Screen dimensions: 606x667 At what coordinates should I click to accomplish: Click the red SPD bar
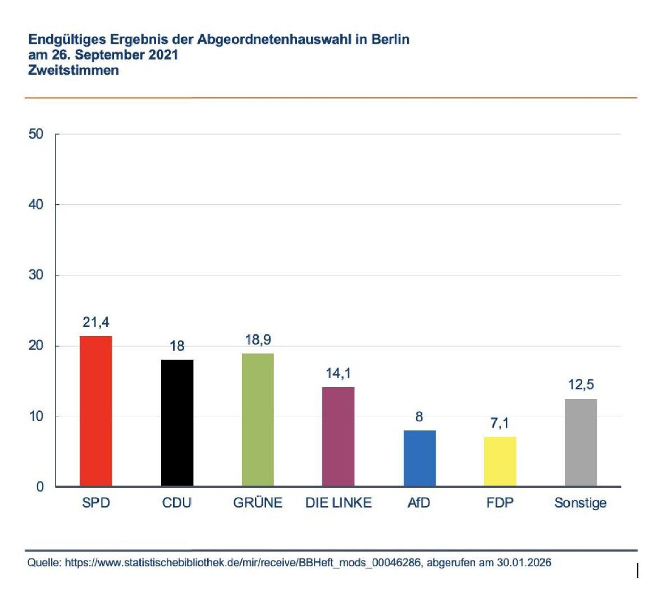click(96, 411)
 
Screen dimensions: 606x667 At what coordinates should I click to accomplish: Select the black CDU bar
click(177, 423)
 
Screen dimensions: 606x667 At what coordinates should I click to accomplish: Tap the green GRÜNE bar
click(258, 419)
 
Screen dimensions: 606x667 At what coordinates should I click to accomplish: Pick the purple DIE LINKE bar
click(338, 436)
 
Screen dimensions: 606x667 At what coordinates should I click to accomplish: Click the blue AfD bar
click(419, 458)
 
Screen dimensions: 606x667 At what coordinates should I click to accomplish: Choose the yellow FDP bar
click(500, 461)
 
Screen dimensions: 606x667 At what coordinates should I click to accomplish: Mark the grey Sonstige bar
click(581, 442)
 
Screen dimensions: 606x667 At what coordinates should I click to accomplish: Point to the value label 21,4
click(96, 323)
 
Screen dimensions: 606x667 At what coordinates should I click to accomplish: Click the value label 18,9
click(258, 340)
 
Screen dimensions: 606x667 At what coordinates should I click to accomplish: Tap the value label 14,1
click(338, 374)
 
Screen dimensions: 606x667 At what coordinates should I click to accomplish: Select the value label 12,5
click(581, 385)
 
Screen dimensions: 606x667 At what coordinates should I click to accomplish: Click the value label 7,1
click(500, 423)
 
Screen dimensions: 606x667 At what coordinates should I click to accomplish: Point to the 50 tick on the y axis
click(36, 134)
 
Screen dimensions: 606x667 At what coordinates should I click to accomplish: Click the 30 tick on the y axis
click(36, 275)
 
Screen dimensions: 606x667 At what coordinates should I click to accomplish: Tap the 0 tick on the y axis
click(40, 486)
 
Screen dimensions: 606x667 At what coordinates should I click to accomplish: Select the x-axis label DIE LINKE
click(338, 503)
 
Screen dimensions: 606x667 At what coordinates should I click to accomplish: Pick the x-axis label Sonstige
click(581, 503)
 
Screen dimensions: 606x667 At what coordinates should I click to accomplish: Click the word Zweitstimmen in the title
click(74, 71)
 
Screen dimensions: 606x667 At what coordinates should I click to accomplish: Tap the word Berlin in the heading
click(390, 40)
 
